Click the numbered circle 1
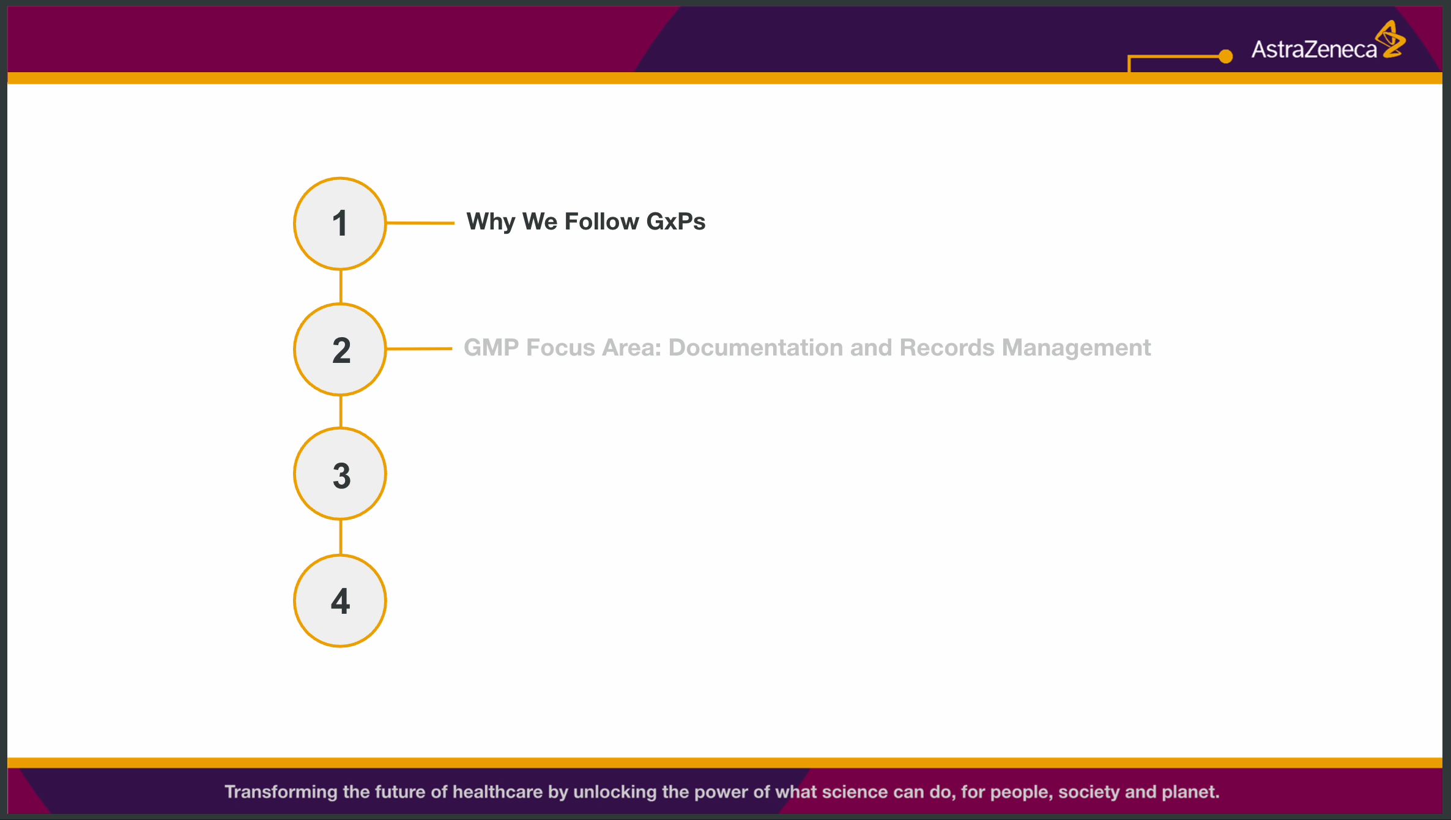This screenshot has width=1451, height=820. coord(340,223)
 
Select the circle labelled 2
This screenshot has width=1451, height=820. coord(340,349)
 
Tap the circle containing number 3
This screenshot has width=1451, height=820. coord(340,474)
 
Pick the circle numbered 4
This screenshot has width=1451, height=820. coord(340,601)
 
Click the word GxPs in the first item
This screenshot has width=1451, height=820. coord(676,222)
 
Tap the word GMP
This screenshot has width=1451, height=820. coord(492,348)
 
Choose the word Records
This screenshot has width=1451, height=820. coord(947,348)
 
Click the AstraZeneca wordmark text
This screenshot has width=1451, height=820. coord(1314,49)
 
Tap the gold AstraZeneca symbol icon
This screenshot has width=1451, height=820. coord(1391,39)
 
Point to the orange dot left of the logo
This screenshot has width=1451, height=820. coord(1225,56)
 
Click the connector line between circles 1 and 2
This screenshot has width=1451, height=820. coord(341,287)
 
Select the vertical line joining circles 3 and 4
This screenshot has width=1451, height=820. coord(341,537)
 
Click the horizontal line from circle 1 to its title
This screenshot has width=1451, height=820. coord(420,223)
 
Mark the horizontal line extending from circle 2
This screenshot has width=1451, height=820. coord(419,349)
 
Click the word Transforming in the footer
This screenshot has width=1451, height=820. coord(281,792)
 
